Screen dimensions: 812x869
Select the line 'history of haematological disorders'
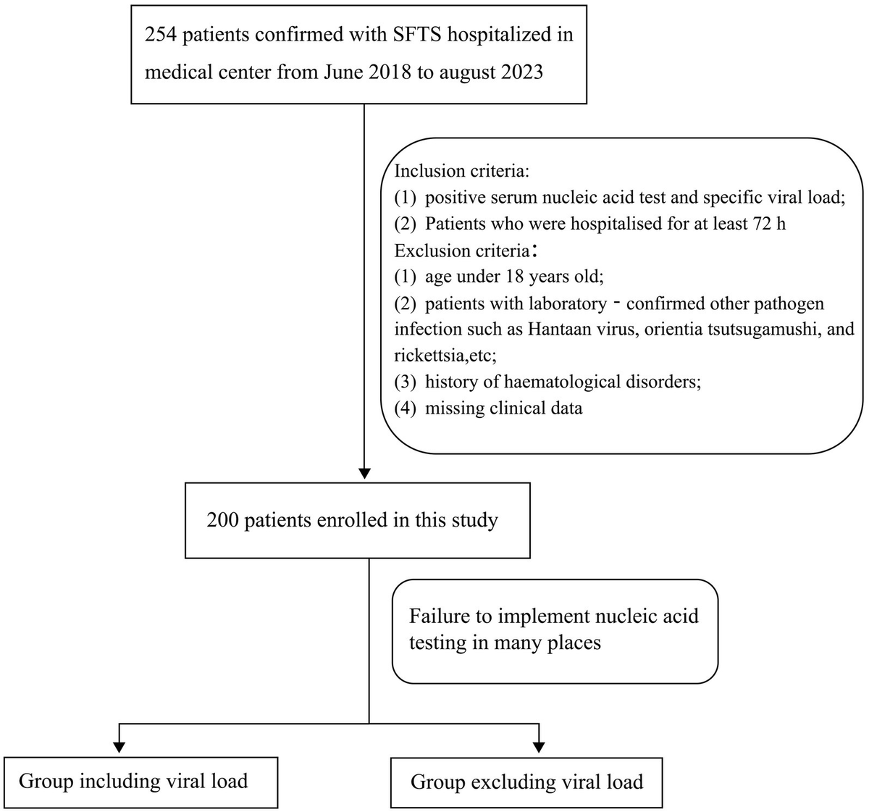(x=562, y=382)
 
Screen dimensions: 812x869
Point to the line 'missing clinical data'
(x=503, y=409)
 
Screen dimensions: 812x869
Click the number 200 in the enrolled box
(x=222, y=520)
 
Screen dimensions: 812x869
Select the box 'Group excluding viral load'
(x=526, y=782)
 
